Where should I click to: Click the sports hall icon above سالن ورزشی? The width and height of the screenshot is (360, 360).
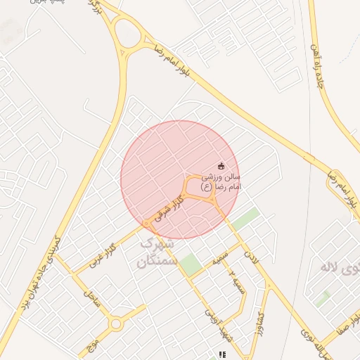pyautogui.click(x=222, y=167)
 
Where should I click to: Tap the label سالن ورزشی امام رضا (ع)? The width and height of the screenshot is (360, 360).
pyautogui.click(x=221, y=182)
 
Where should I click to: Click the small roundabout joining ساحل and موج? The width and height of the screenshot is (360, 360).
pyautogui.click(x=116, y=324)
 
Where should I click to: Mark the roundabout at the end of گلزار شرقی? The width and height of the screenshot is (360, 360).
pyautogui.click(x=146, y=224)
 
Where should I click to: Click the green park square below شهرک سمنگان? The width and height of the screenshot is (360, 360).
pyautogui.click(x=189, y=266)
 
